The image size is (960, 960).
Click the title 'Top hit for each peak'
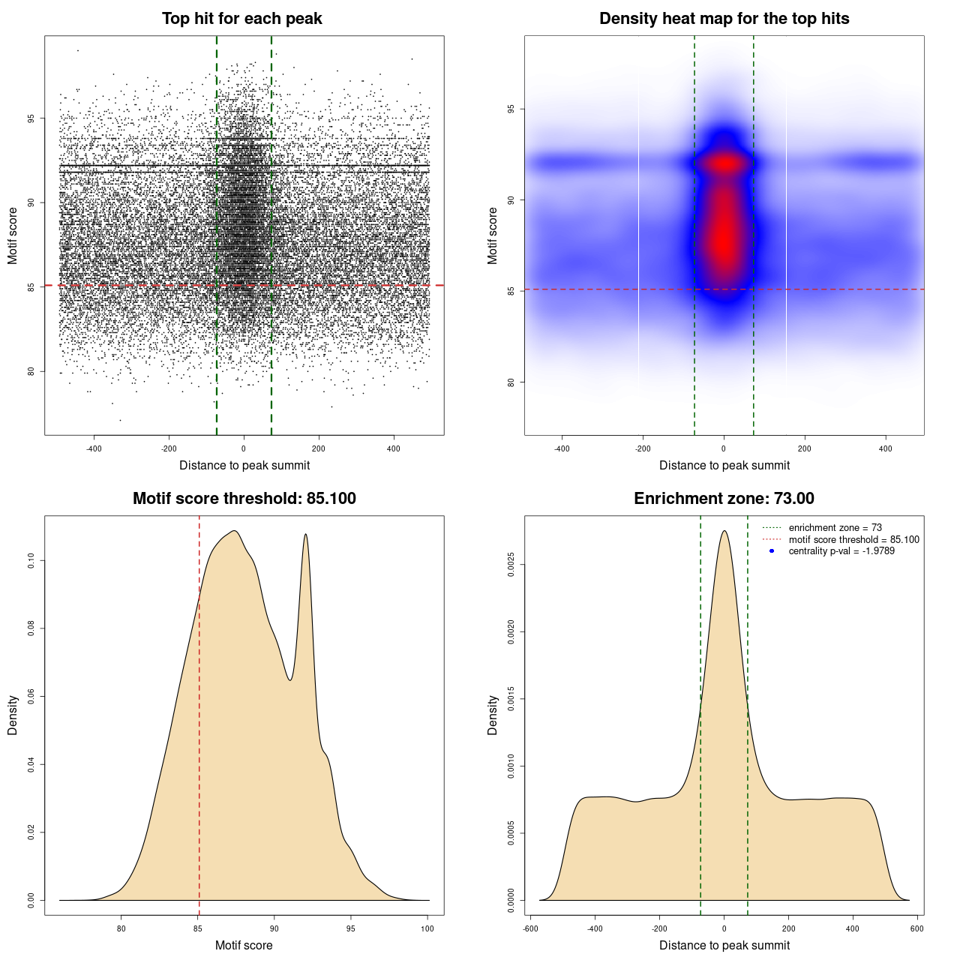point(241,19)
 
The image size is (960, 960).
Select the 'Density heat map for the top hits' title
point(724,19)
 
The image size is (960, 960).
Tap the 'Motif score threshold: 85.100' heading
point(244,499)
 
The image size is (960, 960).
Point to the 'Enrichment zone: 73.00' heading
point(724,499)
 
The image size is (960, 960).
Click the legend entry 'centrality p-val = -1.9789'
point(841,551)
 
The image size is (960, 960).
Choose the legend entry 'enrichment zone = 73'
point(835,528)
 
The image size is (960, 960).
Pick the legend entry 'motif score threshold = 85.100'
point(853,540)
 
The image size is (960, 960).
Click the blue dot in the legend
point(772,551)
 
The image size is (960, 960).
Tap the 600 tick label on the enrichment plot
point(916,928)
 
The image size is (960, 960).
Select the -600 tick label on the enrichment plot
point(530,928)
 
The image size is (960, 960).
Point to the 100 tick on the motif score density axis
point(427,928)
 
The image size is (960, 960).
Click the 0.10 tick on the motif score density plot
point(31,561)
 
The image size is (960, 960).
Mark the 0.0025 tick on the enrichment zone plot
point(511,565)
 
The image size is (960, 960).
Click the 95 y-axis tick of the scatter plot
point(31,118)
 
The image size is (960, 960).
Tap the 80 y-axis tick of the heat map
point(511,382)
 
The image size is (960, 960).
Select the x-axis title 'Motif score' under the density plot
point(244,945)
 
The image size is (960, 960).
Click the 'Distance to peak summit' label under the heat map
point(724,466)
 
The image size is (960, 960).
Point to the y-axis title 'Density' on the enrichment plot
point(493,715)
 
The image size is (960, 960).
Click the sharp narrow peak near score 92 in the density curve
point(305,535)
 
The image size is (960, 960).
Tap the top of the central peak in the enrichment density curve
point(724,531)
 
